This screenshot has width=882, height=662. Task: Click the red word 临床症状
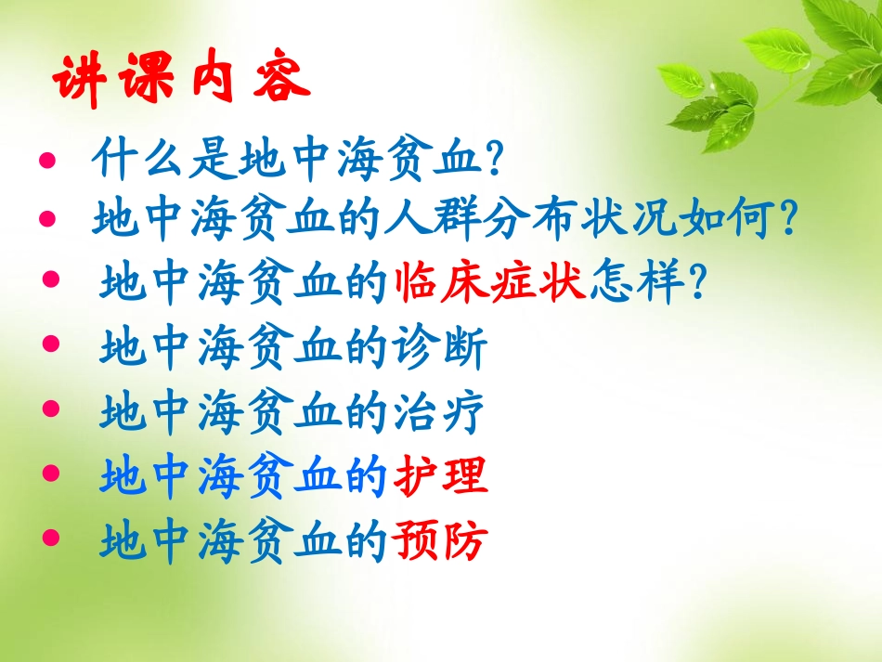(x=490, y=281)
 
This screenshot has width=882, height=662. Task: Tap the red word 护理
(x=440, y=478)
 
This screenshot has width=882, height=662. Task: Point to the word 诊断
(x=440, y=350)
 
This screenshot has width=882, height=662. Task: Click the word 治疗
(x=440, y=414)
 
